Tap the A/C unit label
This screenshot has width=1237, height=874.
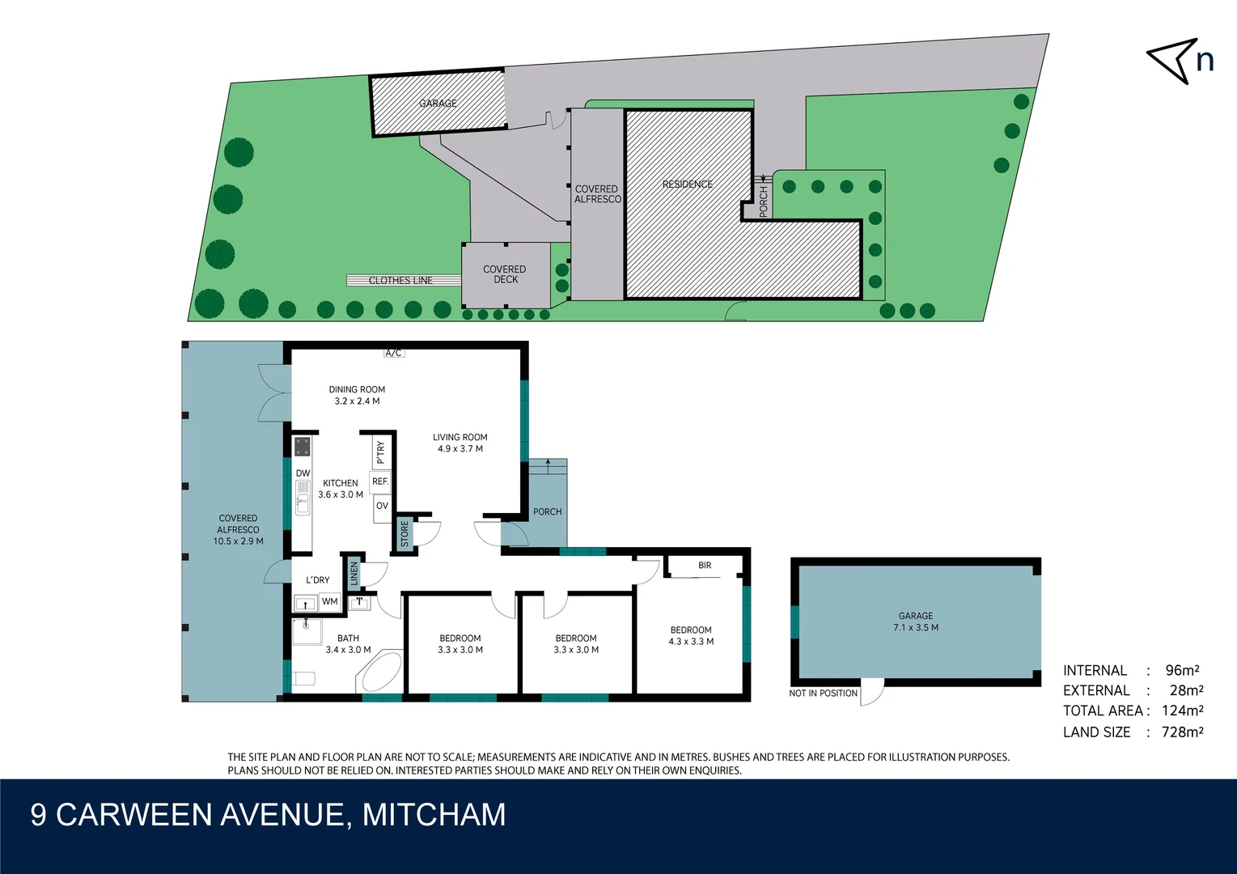393,353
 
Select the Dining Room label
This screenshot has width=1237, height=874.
357,389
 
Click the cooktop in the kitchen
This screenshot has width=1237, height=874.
302,447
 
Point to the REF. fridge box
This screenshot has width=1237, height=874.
380,482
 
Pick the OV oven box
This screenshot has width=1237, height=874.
382,507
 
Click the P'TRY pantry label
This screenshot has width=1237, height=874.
380,452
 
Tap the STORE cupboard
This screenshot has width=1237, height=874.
405,533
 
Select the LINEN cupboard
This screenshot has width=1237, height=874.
354,574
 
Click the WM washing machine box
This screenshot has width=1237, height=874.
329,602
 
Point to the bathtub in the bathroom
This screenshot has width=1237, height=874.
380,672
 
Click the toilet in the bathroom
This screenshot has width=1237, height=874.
303,678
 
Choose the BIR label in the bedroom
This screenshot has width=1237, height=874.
705,566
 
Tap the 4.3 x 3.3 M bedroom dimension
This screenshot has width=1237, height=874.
691,642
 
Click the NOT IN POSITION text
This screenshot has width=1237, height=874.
823,694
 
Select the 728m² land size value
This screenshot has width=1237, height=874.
1182,732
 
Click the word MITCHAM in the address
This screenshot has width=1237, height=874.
434,815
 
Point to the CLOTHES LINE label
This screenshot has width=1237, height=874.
400,281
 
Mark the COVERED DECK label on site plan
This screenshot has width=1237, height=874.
505,274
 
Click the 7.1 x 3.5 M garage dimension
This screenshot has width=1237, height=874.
916,628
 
